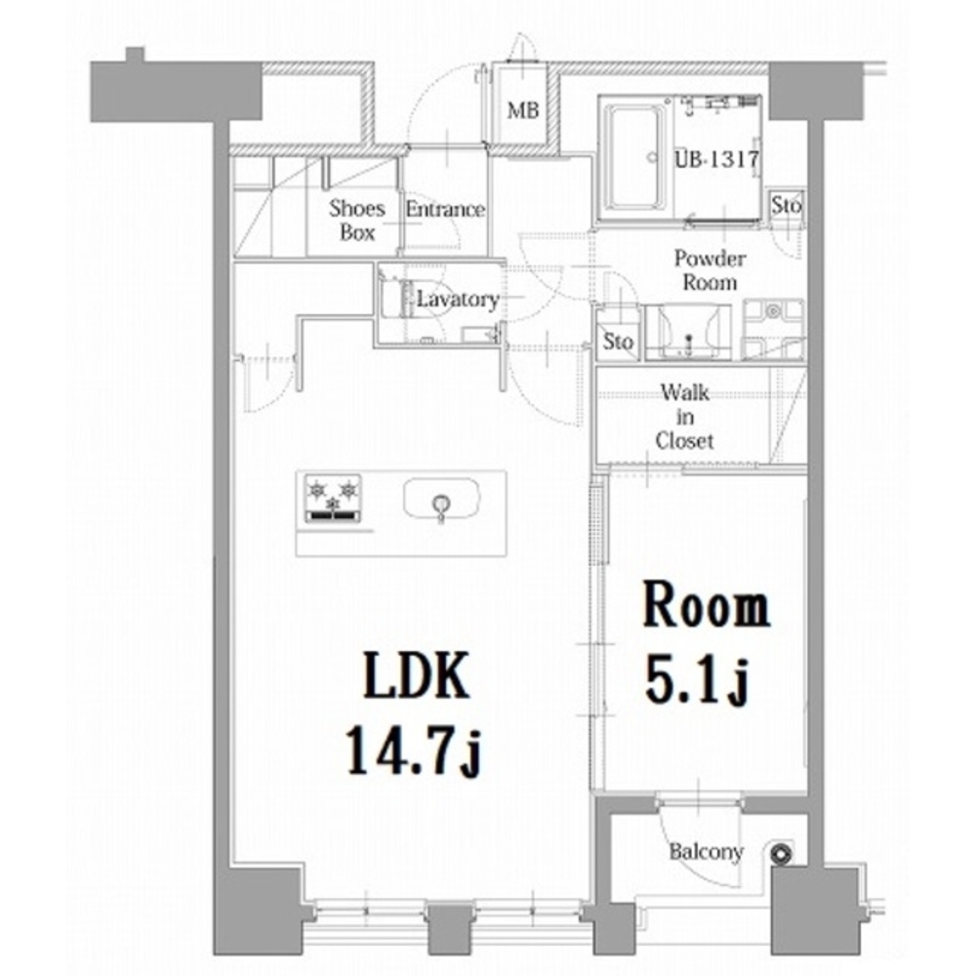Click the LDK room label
[x=416, y=675]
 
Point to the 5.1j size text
[x=696, y=679]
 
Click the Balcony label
[x=707, y=851]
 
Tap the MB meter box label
[x=523, y=111]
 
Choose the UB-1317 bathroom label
[x=717, y=159]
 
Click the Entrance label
[x=445, y=209]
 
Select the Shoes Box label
[x=357, y=220]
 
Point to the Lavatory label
[x=458, y=300]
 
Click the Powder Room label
[x=710, y=270]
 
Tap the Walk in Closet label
[x=685, y=417]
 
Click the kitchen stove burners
[x=333, y=498]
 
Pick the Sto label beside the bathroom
[x=786, y=205]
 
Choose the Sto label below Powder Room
[x=618, y=342]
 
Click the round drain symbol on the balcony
[x=781, y=853]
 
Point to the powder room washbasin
[x=688, y=332]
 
